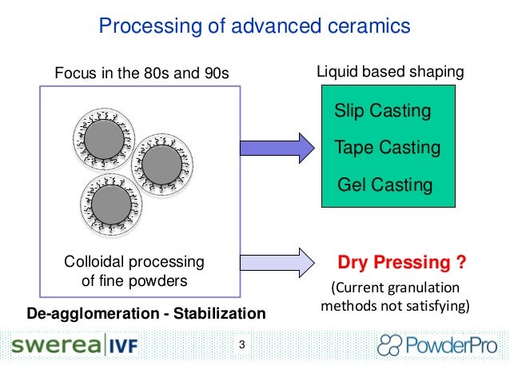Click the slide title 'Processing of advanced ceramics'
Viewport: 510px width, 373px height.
pos(254,27)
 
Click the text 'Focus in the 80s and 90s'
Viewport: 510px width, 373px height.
pos(141,74)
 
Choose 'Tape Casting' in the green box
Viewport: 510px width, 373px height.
pos(387,148)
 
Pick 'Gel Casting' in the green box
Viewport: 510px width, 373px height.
pos(384,185)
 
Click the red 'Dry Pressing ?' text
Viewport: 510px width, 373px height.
pos(402,262)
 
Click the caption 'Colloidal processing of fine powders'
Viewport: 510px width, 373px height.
pos(133,271)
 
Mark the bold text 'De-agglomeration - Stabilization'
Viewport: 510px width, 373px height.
pos(145,311)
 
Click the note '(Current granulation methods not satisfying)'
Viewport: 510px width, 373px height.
pos(395,296)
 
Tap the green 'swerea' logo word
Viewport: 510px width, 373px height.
pos(54,347)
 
